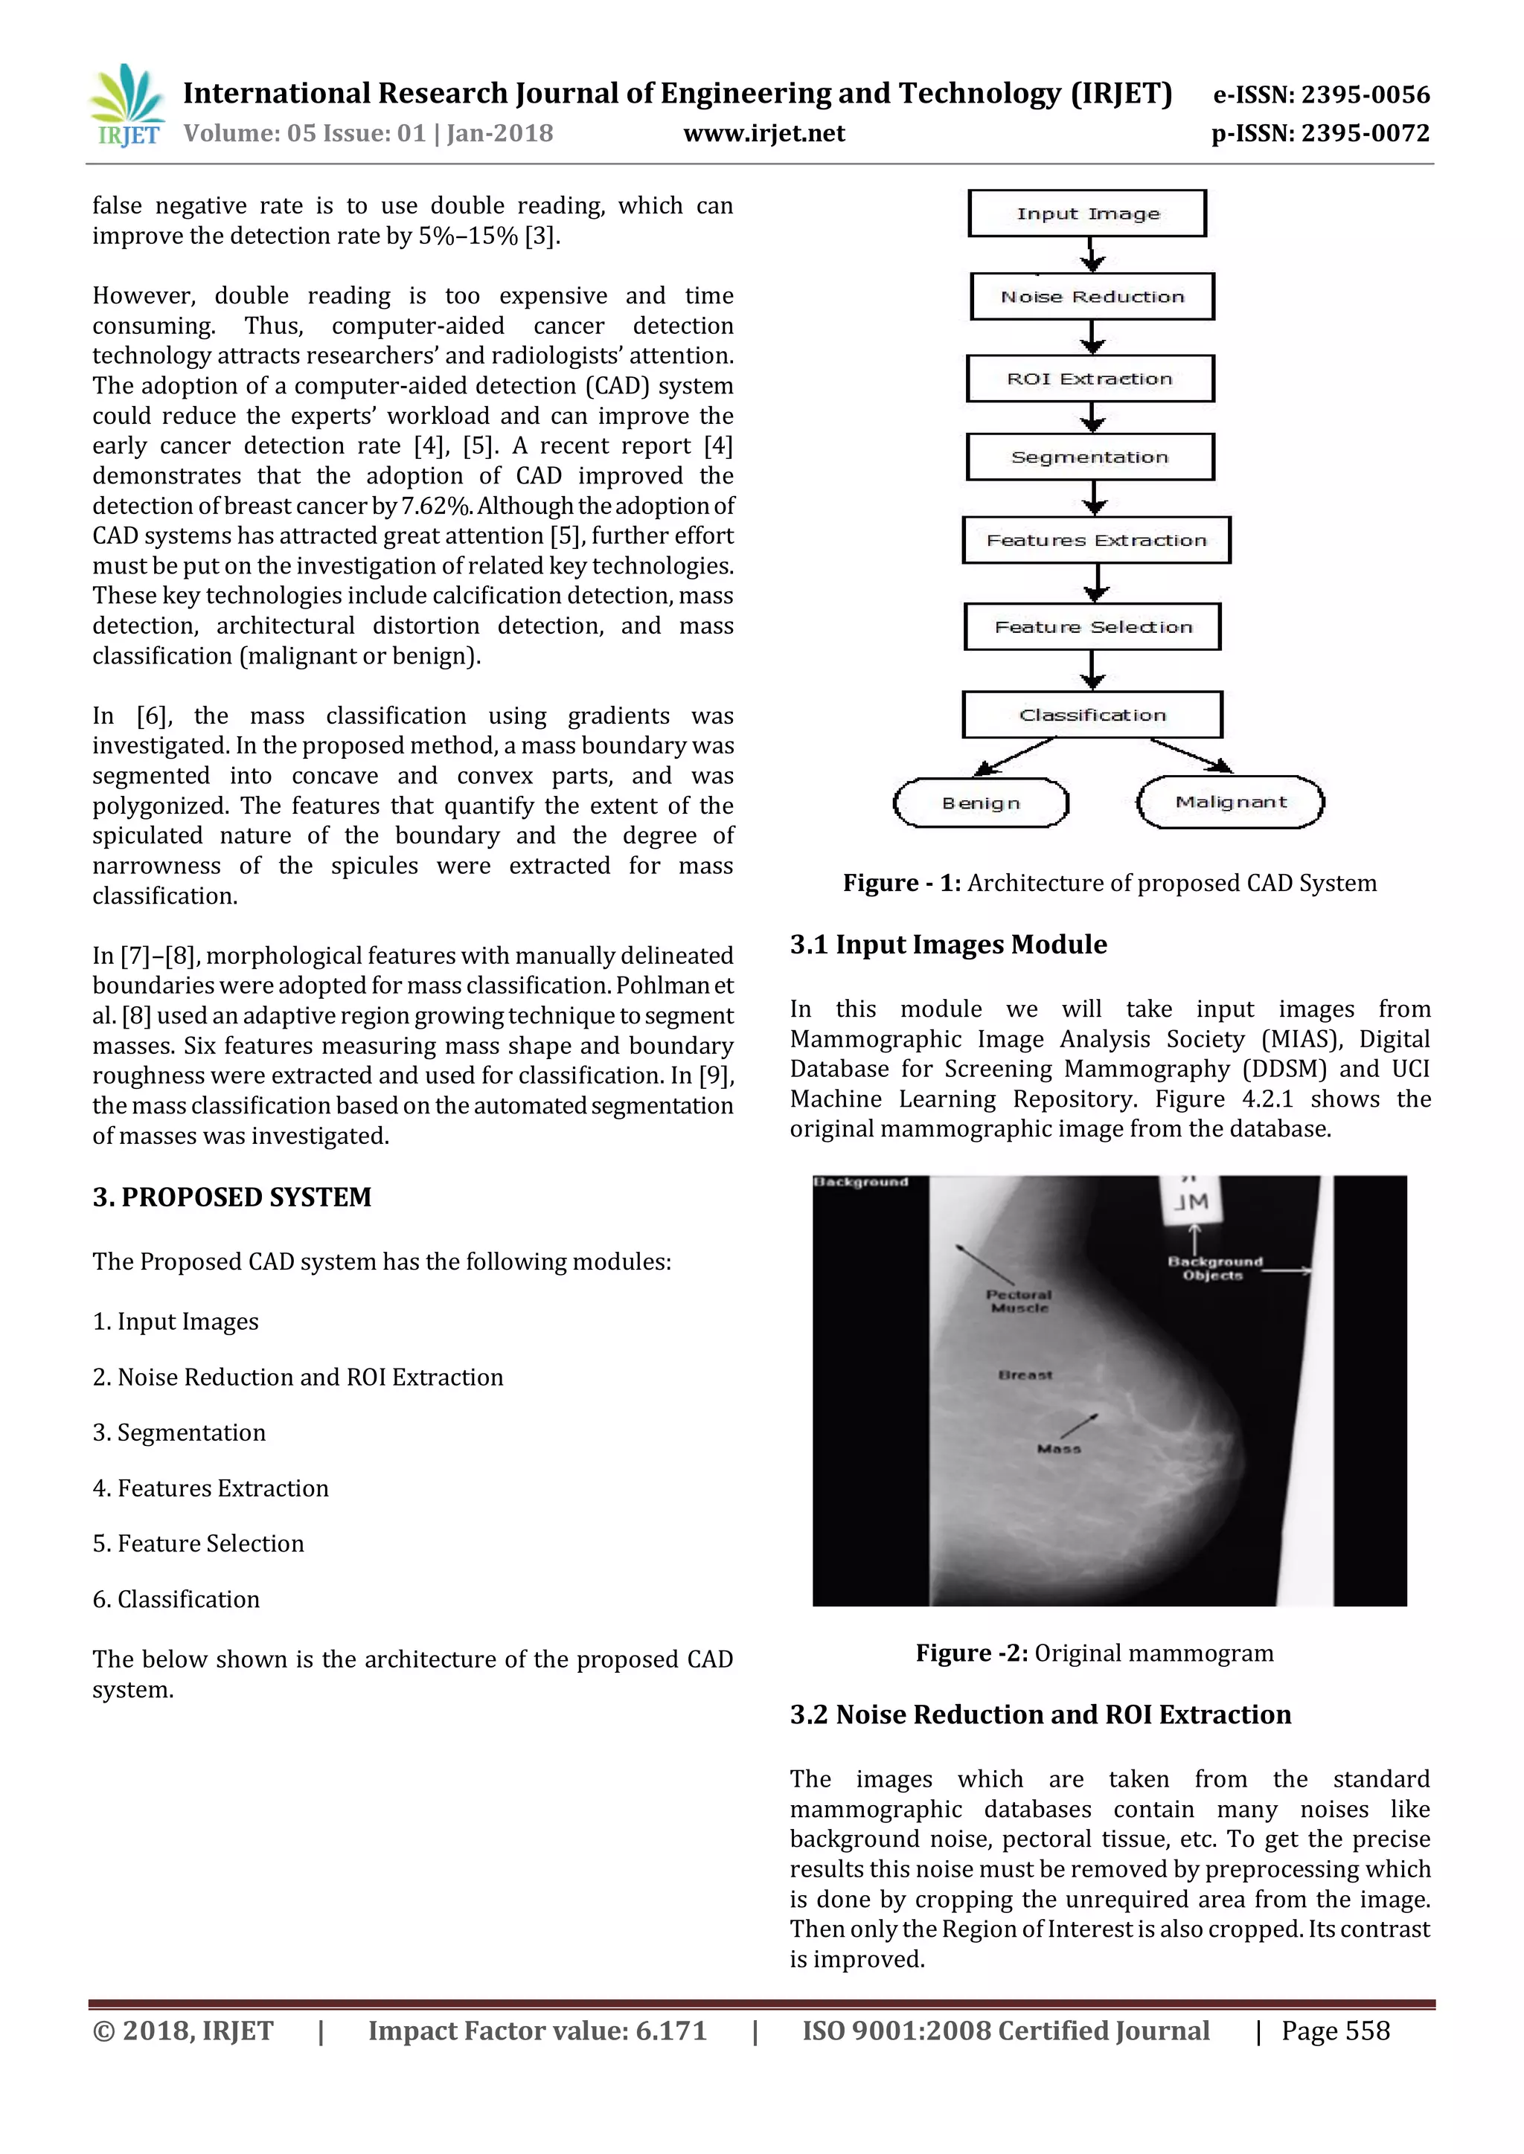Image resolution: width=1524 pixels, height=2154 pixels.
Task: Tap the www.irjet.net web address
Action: coord(764,134)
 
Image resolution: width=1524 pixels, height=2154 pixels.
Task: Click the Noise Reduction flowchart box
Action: coord(1092,297)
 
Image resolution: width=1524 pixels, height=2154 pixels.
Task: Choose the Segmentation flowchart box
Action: coord(1090,457)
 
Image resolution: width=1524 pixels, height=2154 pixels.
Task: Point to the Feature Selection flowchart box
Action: coord(1093,627)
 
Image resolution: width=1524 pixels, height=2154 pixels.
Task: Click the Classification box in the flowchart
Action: coord(1092,715)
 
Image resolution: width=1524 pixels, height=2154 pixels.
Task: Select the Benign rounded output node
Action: coord(981,803)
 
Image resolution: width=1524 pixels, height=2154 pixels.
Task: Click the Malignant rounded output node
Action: coord(1230,802)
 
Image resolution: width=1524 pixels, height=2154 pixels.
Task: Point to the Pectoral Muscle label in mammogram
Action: coord(1019,1300)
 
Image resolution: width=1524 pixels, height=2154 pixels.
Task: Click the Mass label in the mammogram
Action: coord(1059,1448)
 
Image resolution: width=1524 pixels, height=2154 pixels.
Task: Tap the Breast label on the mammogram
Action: coord(1025,1375)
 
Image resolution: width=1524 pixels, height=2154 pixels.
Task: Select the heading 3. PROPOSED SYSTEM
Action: coord(231,1197)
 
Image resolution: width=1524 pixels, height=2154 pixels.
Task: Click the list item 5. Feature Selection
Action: coord(198,1543)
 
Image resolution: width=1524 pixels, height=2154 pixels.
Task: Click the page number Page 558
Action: coord(1336,2031)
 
